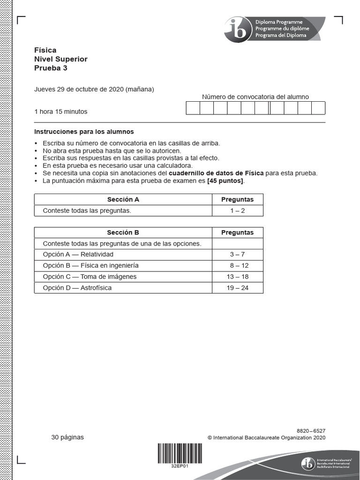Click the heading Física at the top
point(45,50)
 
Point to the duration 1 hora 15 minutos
point(61,112)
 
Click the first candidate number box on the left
point(193,108)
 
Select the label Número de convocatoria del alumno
point(255,97)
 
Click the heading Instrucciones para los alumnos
point(84,132)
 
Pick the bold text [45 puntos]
point(225,181)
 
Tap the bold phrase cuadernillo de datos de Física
point(216,173)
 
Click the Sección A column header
point(123,199)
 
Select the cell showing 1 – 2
point(237,210)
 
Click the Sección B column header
point(123,232)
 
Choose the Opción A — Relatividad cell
point(78,255)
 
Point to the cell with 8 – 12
point(237,266)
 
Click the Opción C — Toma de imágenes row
point(90,277)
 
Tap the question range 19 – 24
point(237,288)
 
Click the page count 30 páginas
point(67,437)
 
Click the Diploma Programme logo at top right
point(274,29)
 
